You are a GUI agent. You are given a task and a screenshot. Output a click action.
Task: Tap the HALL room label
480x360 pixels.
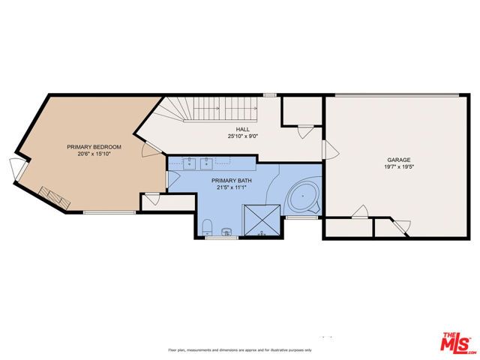coord(242,130)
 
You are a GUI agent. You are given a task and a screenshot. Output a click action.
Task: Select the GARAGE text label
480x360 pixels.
coord(397,160)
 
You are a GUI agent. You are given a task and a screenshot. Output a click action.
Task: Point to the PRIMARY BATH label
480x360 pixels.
coord(231,181)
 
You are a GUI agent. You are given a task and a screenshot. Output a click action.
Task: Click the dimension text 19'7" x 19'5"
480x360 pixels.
coord(397,168)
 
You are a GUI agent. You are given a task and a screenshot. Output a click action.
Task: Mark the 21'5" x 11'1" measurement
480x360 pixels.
coord(231,188)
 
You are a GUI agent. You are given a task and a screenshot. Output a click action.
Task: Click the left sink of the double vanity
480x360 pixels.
coord(188,161)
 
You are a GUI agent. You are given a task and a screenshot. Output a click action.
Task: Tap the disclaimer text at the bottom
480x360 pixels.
coord(239,350)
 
